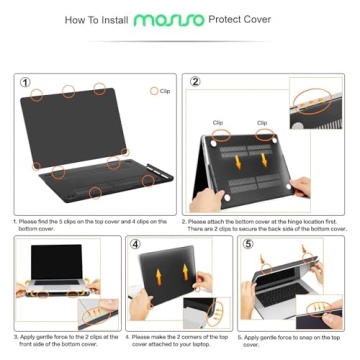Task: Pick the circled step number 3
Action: (x=23, y=243)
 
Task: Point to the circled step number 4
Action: (x=136, y=243)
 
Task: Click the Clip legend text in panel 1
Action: (x=165, y=91)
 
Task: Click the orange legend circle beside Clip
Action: (x=153, y=91)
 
